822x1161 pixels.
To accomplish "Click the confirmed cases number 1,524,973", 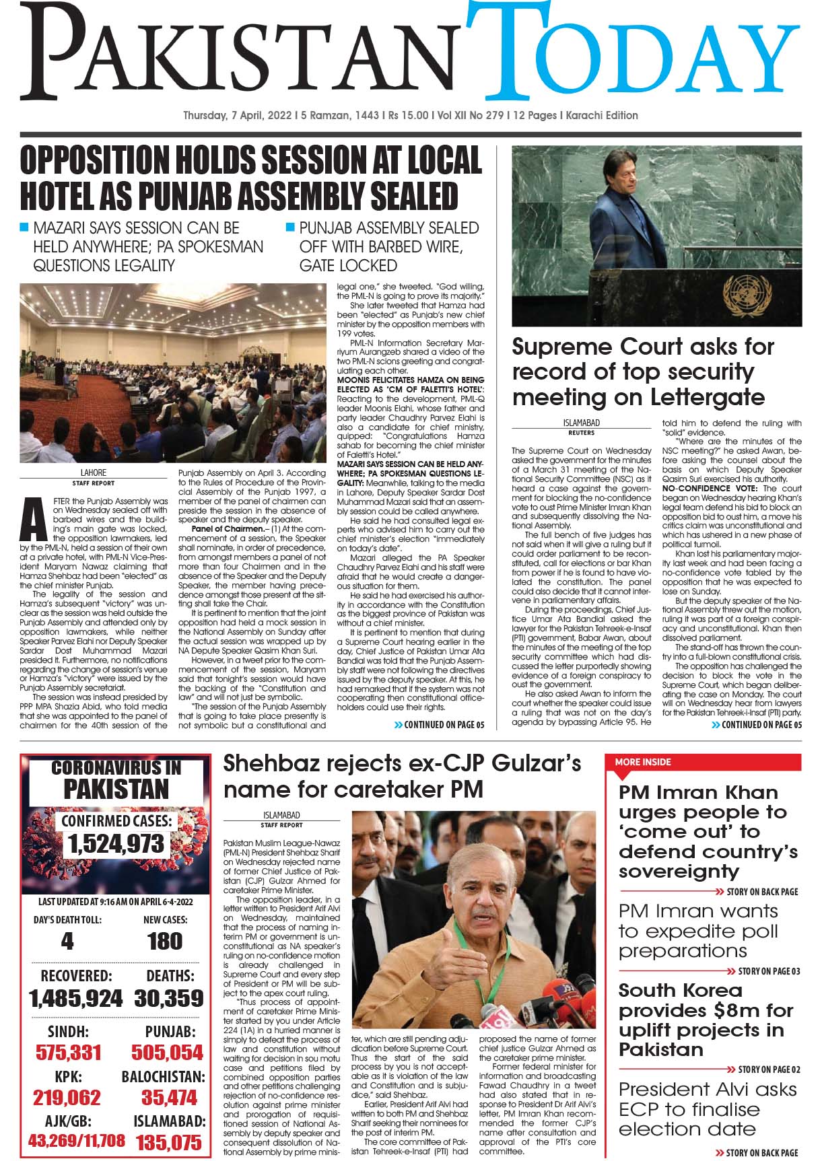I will tap(115, 844).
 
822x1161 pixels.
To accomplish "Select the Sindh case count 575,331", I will tap(68, 1053).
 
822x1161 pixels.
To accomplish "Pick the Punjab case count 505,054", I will tap(167, 1053).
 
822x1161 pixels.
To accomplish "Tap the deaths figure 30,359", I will tap(168, 998).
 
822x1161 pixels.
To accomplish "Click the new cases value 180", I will tap(165, 941).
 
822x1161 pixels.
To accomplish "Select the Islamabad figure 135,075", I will tap(168, 1142).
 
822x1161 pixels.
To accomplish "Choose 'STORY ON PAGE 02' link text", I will tap(769, 1069).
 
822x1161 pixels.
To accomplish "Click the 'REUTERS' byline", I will tap(581, 433).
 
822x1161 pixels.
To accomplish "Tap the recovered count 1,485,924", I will tap(75, 998).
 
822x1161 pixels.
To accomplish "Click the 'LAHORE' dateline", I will tap(94, 472).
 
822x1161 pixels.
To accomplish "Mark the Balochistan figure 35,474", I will tap(169, 1098).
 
